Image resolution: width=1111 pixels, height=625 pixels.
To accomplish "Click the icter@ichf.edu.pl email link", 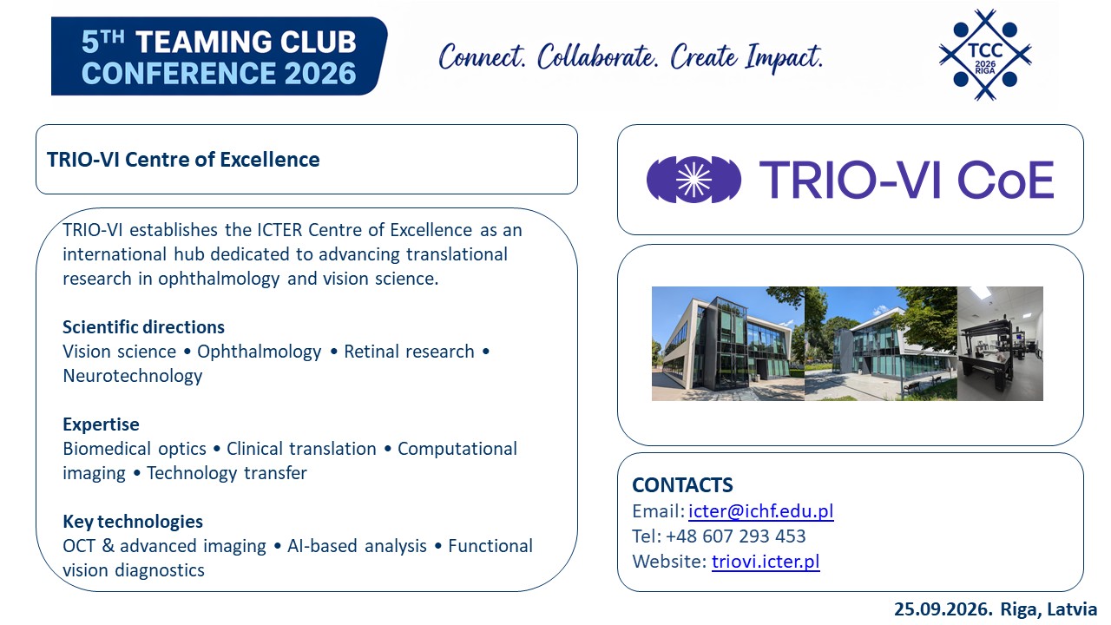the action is coord(761,511).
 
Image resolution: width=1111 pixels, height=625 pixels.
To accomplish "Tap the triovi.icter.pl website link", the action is coord(766,562).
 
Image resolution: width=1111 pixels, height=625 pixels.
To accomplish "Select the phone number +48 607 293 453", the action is coord(735,536).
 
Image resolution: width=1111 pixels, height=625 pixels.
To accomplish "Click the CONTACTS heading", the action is coord(682,485).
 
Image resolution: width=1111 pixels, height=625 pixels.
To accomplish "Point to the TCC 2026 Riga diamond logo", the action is coord(985,55).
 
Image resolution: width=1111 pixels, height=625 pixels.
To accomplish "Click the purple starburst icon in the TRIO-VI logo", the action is coord(694,180).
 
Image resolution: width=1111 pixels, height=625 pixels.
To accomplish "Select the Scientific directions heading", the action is coord(143,327).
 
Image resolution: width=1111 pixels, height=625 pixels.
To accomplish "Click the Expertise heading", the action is coord(101,424).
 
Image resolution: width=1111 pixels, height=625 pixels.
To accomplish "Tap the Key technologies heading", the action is coord(133,522).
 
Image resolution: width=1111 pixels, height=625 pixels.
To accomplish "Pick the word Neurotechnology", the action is coord(133,376).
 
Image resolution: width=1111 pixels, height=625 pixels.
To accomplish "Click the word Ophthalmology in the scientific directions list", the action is coord(259,352).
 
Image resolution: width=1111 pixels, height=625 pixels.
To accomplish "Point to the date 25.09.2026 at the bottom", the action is coord(943,609).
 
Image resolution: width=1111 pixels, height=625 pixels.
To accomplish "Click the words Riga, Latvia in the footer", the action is coord(1049,609).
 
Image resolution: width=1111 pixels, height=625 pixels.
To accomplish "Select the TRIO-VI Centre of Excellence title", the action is coord(183,160).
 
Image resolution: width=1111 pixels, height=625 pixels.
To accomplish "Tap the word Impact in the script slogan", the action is coord(784,57).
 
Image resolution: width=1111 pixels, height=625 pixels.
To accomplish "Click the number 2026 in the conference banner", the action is coord(320,74).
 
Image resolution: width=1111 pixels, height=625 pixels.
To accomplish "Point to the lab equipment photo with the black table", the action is coord(1000,343).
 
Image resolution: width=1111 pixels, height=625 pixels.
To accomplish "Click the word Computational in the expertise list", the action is coord(457,449).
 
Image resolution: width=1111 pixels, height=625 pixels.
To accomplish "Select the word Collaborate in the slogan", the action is coord(598,56).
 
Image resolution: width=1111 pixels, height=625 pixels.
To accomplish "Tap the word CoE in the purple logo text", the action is coord(1005,180).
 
